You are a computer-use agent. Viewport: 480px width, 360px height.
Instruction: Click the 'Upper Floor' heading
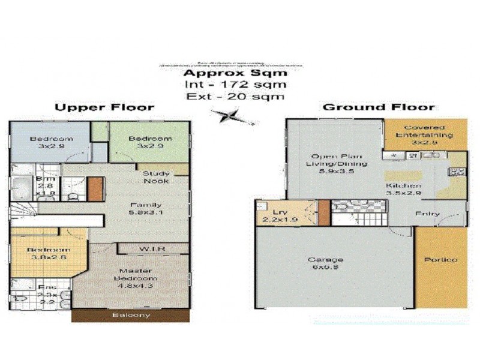pos(105,107)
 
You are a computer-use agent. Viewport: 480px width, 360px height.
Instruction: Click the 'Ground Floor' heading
pos(379,107)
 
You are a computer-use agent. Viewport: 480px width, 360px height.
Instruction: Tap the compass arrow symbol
pos(232,115)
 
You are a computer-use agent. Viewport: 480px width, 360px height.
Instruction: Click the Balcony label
pos(131,316)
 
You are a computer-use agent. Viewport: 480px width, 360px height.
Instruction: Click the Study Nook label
pos(156,177)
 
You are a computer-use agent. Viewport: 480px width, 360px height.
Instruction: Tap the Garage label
pos(326,263)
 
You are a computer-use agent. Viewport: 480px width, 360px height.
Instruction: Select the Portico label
pos(441,260)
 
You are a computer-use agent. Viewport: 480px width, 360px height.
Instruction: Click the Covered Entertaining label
pos(425,131)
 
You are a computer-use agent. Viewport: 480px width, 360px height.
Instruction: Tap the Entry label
pos(427,214)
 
